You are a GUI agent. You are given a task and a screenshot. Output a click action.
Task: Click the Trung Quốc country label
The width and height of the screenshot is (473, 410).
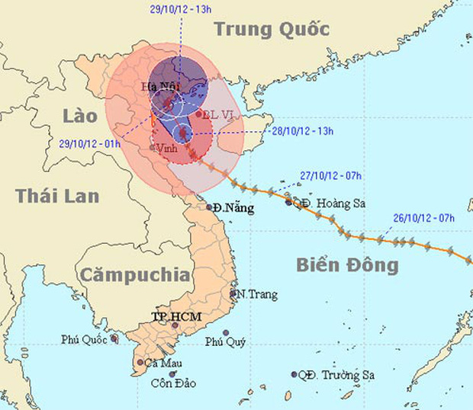click(x=272, y=30)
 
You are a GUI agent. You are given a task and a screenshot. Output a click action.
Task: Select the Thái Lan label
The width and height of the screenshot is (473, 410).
click(x=57, y=196)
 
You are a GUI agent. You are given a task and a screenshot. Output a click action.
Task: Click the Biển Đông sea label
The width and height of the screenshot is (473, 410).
click(x=347, y=265)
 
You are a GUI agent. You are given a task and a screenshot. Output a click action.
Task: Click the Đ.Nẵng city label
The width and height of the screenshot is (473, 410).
click(x=234, y=207)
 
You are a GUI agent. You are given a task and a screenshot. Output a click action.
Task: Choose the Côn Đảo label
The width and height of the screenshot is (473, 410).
click(x=176, y=383)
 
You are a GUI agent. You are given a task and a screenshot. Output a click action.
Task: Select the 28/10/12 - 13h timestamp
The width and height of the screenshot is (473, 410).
click(x=303, y=130)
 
